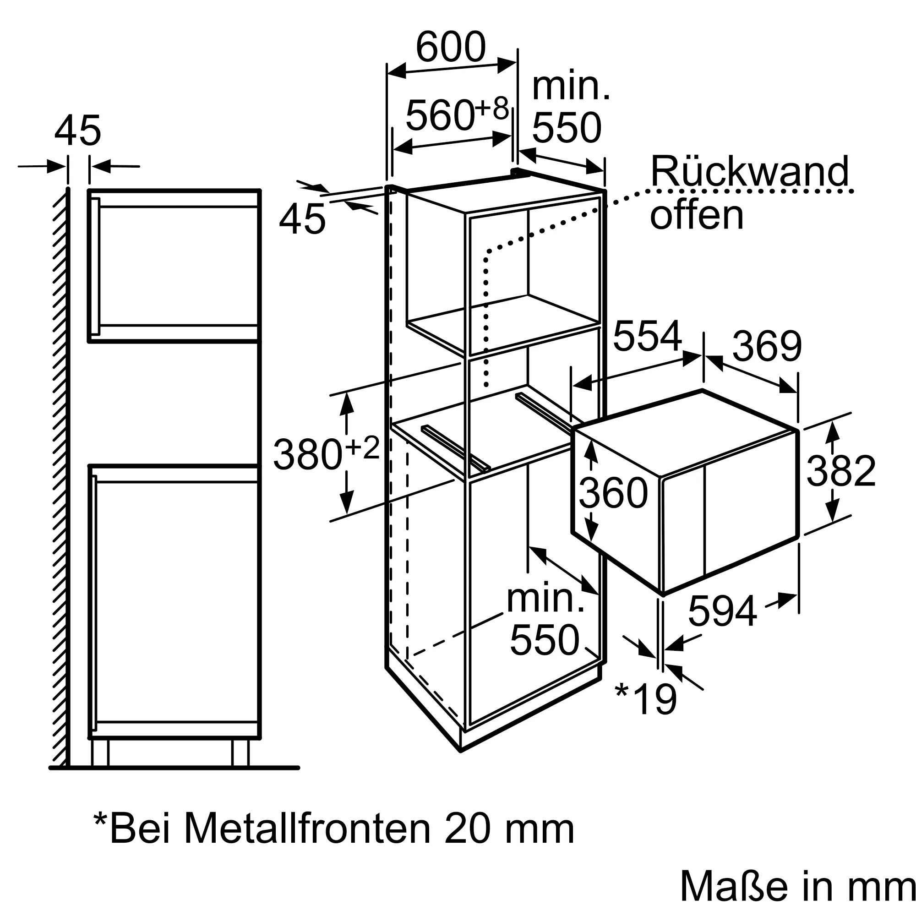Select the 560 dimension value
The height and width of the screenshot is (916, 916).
click(440, 116)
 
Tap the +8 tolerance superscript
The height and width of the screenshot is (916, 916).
click(491, 108)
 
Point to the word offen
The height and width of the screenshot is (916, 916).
click(696, 215)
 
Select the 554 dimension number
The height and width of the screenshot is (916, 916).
click(647, 336)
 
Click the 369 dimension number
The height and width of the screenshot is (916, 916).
click(767, 346)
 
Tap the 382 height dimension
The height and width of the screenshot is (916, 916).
click(840, 471)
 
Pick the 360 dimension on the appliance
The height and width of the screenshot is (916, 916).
click(613, 493)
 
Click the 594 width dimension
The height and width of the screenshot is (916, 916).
click(722, 611)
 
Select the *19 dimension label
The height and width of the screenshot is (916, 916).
click(646, 699)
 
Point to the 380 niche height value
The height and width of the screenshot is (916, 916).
click(307, 455)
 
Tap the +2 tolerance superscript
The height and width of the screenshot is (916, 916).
click(363, 447)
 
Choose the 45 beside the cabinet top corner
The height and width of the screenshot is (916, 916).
click(302, 219)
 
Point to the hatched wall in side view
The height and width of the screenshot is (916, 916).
click(60, 474)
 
